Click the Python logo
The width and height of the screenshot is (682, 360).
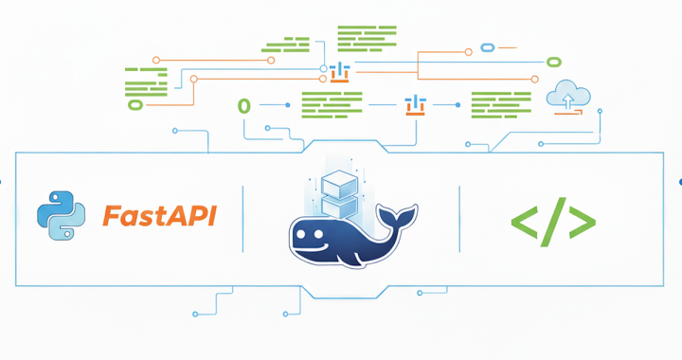pyautogui.click(x=61, y=215)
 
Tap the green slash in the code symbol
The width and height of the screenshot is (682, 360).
pyautogui.click(x=553, y=222)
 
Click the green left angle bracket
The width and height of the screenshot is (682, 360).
pyautogui.click(x=524, y=223)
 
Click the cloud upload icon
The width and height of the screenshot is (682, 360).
pyautogui.click(x=568, y=95)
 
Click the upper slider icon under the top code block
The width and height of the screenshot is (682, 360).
pyautogui.click(x=340, y=71)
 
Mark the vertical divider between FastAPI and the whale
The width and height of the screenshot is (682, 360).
pyautogui.click(x=243, y=219)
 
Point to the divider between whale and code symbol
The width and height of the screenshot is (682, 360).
pyautogui.click(x=459, y=219)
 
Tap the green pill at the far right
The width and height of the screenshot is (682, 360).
pyautogui.click(x=553, y=62)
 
